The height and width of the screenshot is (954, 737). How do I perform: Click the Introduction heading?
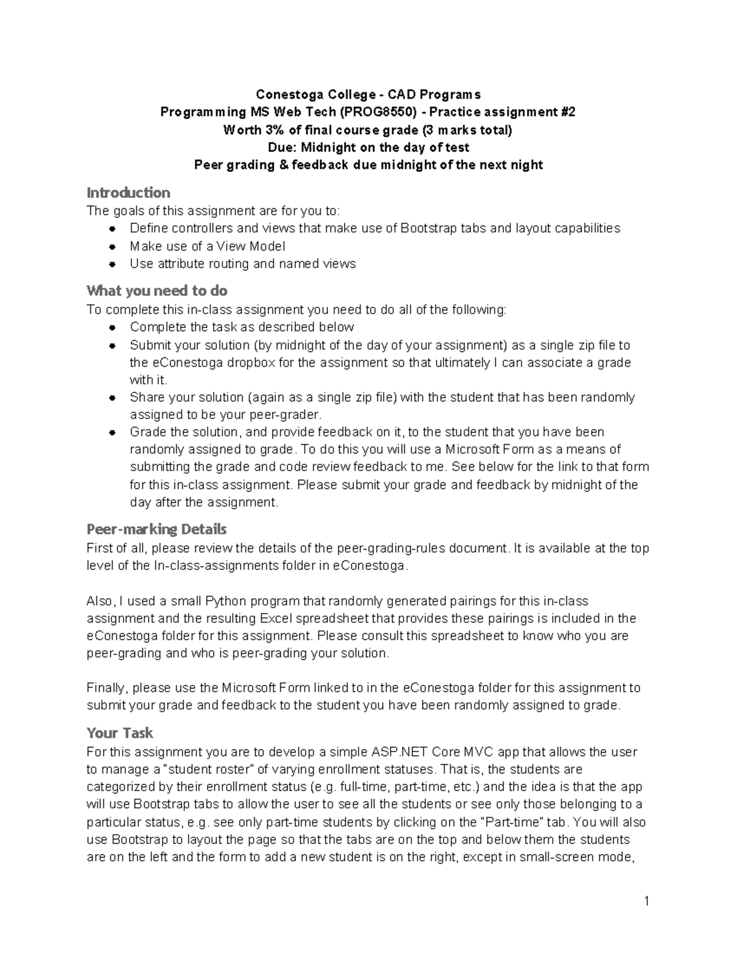point(128,192)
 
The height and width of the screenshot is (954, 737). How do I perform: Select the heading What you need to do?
point(157,290)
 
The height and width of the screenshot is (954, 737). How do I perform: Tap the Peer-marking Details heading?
point(157,529)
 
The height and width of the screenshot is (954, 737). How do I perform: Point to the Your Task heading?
point(120,733)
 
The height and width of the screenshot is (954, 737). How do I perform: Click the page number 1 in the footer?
point(647,902)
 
